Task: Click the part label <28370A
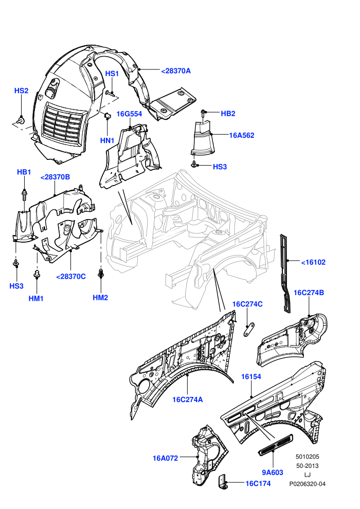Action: tap(176, 71)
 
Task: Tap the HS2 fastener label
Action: tap(22, 90)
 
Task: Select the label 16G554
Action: tap(129, 114)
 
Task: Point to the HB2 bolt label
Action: tap(228, 114)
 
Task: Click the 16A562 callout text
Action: tap(242, 135)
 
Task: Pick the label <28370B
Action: tap(55, 177)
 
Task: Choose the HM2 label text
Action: tap(100, 298)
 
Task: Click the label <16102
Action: tap(313, 262)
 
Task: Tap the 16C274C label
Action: tap(247, 304)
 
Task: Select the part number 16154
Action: tap(251, 376)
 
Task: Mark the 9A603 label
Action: tap(273, 472)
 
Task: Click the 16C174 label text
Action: tap(258, 483)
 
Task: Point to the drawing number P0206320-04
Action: tap(308, 484)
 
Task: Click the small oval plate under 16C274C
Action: tap(249, 330)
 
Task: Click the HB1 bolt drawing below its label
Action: tap(25, 194)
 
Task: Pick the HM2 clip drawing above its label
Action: tap(101, 274)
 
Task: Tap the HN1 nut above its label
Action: tap(108, 115)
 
